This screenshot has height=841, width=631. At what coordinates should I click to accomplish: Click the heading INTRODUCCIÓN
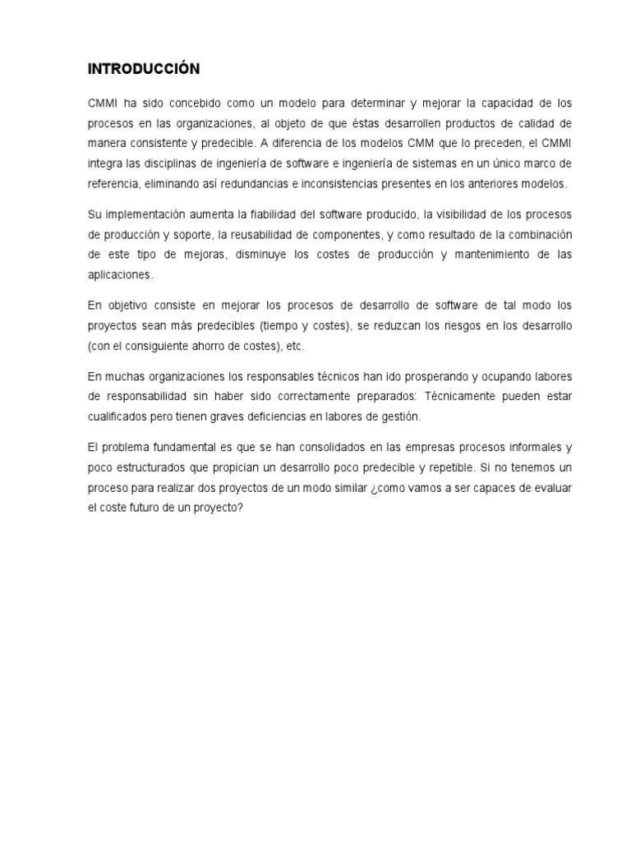point(144,69)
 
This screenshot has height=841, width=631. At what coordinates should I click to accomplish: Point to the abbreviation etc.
point(295,346)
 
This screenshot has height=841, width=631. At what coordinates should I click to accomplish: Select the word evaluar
point(549,487)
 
